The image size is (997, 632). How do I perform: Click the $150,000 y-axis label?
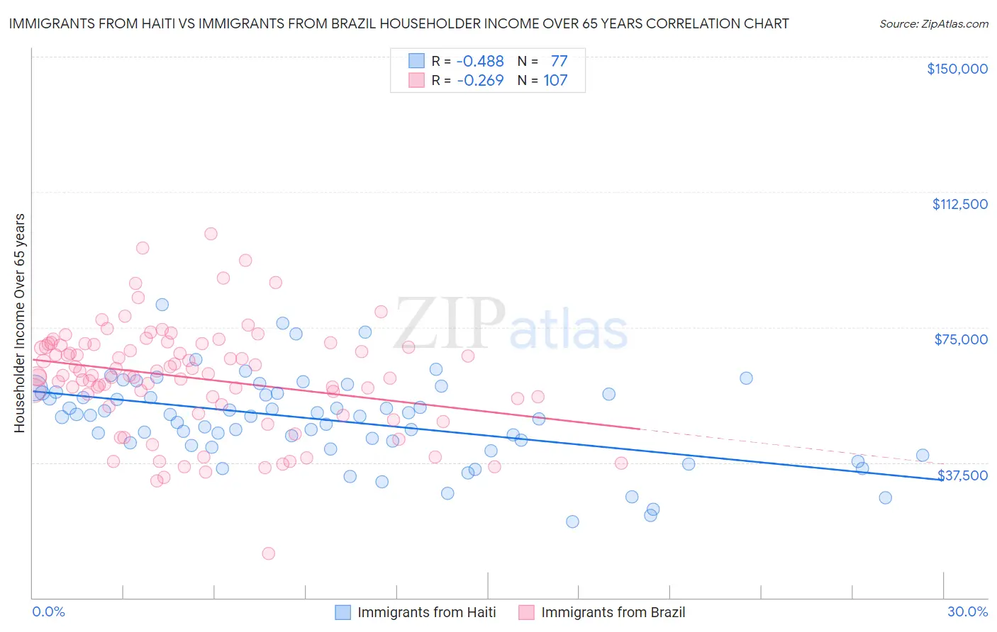[957, 69]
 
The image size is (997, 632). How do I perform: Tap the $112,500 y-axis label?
[959, 204]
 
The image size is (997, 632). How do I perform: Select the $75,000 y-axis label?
[961, 339]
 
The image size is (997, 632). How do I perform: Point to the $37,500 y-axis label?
[962, 475]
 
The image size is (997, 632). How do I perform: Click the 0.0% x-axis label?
[48, 611]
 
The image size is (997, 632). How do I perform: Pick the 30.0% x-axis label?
[967, 611]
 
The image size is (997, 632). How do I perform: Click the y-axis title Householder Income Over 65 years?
[19, 322]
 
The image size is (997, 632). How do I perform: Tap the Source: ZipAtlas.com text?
[933, 23]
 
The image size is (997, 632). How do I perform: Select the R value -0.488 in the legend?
[480, 62]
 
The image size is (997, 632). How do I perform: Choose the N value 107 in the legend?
[555, 80]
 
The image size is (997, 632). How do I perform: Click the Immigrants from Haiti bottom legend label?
[426, 612]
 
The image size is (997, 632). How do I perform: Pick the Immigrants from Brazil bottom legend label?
[613, 612]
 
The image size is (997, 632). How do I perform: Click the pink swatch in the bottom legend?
[526, 612]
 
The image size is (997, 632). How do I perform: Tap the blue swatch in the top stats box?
[416, 62]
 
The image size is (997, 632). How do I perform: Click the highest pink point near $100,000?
[211, 234]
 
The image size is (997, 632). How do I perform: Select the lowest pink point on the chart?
[268, 553]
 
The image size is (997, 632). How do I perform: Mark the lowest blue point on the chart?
[572, 521]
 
